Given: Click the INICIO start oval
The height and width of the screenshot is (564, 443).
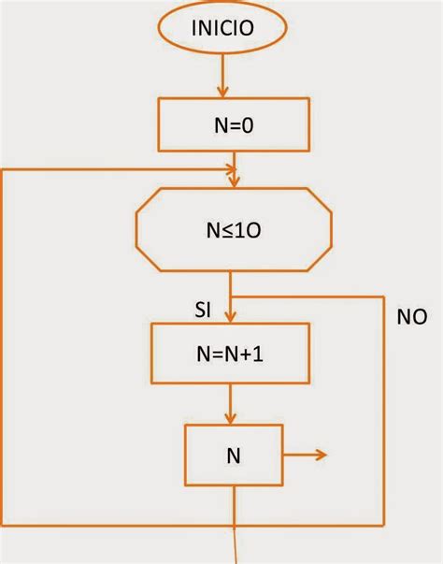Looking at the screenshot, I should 221,28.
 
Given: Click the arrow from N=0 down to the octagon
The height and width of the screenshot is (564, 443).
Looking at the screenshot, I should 235,168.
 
